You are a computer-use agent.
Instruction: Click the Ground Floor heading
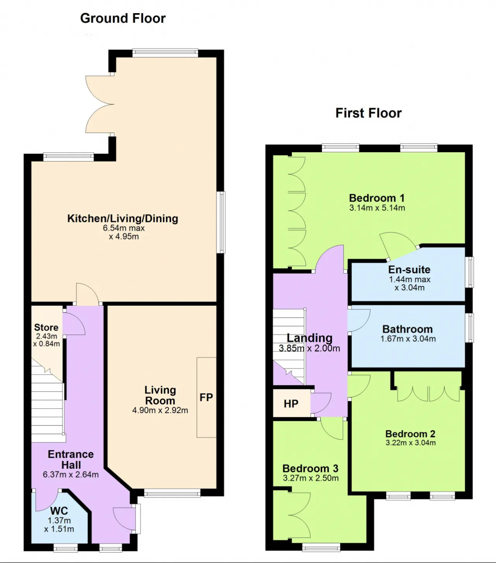click(x=123, y=19)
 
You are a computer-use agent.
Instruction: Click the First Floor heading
click(x=369, y=113)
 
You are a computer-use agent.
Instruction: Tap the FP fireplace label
click(x=206, y=397)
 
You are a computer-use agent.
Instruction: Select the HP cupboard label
click(x=291, y=403)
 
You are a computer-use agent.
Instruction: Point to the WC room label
click(x=59, y=511)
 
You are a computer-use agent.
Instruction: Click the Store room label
click(x=46, y=327)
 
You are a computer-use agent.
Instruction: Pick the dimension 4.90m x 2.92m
click(x=160, y=410)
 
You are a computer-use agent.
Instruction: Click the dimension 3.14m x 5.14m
click(x=377, y=208)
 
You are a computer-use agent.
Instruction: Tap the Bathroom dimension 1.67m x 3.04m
click(x=408, y=339)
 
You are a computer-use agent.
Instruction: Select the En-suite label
click(x=409, y=270)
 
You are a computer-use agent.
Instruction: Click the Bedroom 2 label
click(x=410, y=434)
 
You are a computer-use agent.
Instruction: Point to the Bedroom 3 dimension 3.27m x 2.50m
click(x=311, y=478)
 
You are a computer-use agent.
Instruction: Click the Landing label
click(x=310, y=338)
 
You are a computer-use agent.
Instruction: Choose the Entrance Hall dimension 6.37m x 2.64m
click(x=71, y=474)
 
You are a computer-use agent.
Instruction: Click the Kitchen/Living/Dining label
click(x=122, y=219)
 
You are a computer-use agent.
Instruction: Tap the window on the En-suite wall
click(x=470, y=272)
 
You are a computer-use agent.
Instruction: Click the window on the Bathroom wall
click(x=470, y=328)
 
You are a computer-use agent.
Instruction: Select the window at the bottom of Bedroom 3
click(x=321, y=548)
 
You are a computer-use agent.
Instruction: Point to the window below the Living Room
click(x=172, y=493)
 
